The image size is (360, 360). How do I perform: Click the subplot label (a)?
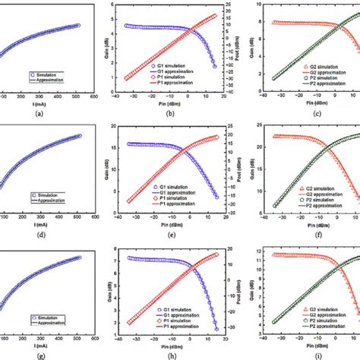coord(46,113)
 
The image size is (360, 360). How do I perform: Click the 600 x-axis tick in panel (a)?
coord(92,98)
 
